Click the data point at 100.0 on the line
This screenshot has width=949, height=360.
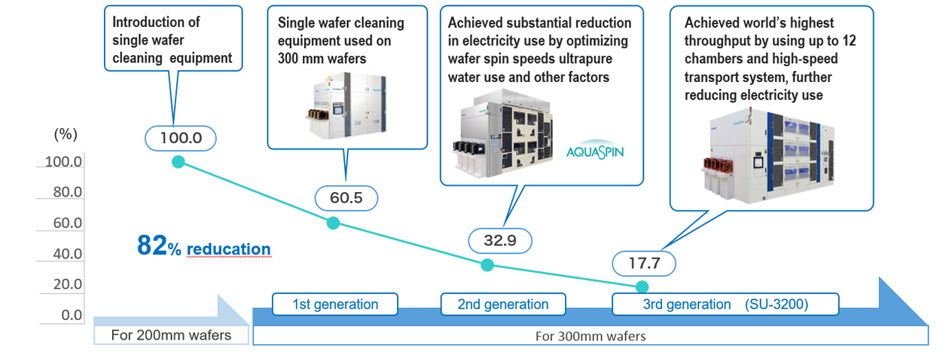[179, 162]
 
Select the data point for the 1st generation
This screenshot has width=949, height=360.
[334, 223]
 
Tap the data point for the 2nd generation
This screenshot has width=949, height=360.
[487, 265]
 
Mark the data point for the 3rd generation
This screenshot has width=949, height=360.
[642, 287]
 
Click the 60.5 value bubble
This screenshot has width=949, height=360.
[346, 198]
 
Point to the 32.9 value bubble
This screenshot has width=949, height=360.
[500, 241]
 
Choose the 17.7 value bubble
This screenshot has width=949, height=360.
[644, 264]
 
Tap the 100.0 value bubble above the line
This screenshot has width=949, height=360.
[181, 138]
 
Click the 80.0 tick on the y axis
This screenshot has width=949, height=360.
[67, 192]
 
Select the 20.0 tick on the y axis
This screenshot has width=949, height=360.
[67, 284]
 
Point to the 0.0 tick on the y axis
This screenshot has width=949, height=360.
[72, 315]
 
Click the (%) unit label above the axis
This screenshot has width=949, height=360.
[66, 134]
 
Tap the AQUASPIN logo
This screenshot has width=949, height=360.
[595, 150]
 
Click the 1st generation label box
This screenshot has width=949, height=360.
[335, 304]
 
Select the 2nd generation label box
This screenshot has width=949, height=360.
[503, 304]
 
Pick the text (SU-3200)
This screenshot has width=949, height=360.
[777, 304]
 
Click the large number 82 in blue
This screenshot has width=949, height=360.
[152, 246]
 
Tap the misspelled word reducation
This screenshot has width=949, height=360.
[228, 249]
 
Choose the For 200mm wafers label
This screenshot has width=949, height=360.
[171, 335]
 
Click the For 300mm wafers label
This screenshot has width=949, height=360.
[590, 337]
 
